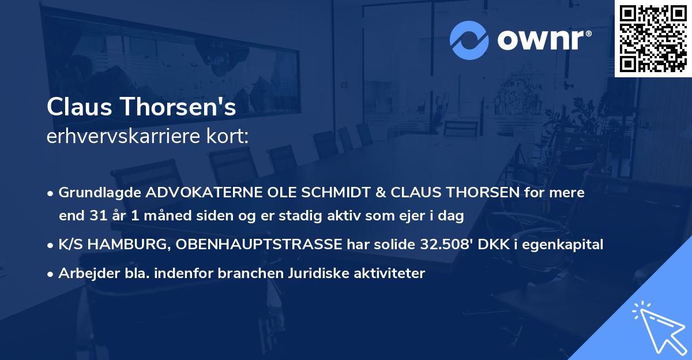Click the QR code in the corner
pyautogui.click(x=653, y=39)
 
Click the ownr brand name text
pyautogui.click(x=544, y=40)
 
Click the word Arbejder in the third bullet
pyautogui.click(x=84, y=273)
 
